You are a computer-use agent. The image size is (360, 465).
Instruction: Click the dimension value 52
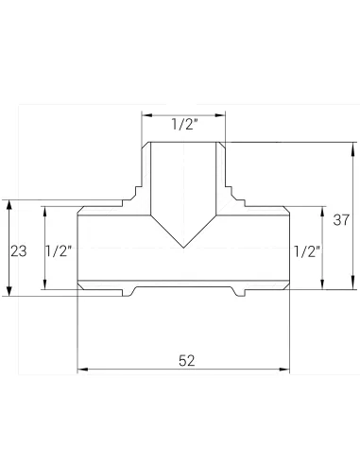(185, 360)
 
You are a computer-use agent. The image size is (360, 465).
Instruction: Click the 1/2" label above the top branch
(184, 125)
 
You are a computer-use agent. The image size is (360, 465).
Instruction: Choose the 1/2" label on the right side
(307, 251)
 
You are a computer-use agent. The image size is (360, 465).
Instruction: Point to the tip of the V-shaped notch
(184, 248)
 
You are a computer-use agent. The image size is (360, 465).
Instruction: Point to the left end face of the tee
(77, 248)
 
